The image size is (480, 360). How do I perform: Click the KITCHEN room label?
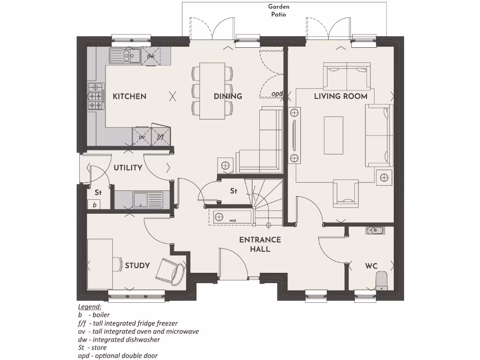pyautogui.click(x=129, y=97)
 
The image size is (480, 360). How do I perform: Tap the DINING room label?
pyautogui.click(x=228, y=97)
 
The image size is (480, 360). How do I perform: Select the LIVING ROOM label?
pyautogui.click(x=340, y=97)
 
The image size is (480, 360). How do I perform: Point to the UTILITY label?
pyautogui.click(x=128, y=168)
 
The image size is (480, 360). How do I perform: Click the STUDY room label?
pyautogui.click(x=137, y=266)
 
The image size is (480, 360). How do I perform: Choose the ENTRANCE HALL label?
pyautogui.click(x=260, y=244)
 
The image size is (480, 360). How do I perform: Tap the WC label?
pyautogui.click(x=371, y=266)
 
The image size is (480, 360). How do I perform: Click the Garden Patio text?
pyautogui.click(x=279, y=10)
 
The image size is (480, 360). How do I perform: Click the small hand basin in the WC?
pyautogui.click(x=375, y=230)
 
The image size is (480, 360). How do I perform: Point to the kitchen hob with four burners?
pyautogui.click(x=96, y=96)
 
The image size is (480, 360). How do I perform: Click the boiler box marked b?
pyautogui.click(x=94, y=205)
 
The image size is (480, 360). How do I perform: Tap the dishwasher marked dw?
pyautogui.click(x=150, y=56)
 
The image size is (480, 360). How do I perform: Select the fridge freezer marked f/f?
pyautogui.click(x=160, y=136)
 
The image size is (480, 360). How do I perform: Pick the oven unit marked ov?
pyautogui.click(x=142, y=136)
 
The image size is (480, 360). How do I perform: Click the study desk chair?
pyautogui.click(x=169, y=271)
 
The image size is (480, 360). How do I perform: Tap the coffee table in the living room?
pyautogui.click(x=333, y=136)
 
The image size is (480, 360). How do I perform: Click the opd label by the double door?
pyautogui.click(x=277, y=94)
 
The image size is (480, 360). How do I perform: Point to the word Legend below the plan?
pyautogui.click(x=90, y=307)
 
